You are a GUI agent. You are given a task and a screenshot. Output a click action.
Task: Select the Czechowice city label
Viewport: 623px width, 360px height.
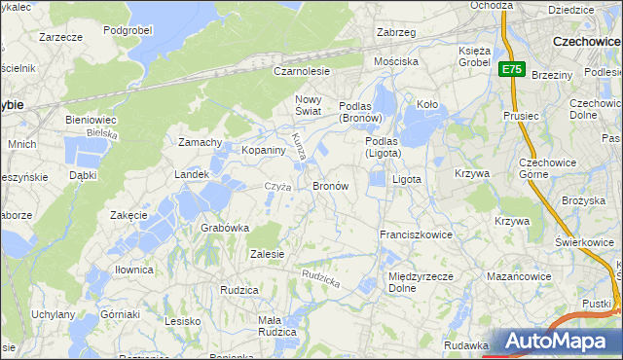[587, 42]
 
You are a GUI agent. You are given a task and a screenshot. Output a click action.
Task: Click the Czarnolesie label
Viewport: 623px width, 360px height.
[302, 71]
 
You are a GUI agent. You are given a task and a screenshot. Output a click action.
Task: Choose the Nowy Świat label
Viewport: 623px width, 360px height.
[308, 106]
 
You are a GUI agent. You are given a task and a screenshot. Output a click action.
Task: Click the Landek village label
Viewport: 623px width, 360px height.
[192, 174]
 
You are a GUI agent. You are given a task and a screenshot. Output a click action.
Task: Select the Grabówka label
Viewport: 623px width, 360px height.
[225, 228]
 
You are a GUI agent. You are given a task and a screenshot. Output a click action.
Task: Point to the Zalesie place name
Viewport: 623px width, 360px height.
[267, 254]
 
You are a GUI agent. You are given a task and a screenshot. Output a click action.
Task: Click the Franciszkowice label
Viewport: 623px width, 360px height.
[416, 234]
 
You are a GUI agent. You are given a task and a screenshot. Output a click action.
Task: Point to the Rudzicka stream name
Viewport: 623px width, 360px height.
[320, 278]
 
